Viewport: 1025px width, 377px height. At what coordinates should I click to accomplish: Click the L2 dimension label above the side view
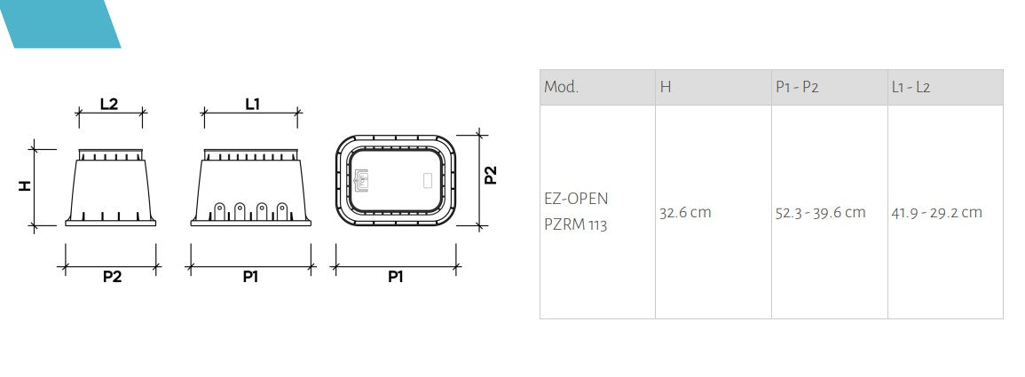tap(109, 104)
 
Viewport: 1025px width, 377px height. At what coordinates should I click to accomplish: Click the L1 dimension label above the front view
tap(252, 104)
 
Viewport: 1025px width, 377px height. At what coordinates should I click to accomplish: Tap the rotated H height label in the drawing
tap(25, 185)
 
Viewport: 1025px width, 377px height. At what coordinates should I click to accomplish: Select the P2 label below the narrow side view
tap(112, 277)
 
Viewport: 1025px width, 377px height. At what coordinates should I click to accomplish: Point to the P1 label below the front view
tap(251, 277)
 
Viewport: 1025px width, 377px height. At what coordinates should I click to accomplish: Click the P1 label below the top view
tap(395, 277)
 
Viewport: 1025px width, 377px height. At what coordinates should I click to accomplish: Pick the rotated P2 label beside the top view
tap(491, 175)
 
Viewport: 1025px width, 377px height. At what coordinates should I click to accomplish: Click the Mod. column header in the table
tap(561, 87)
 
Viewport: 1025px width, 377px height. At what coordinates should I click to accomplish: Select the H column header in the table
tap(665, 87)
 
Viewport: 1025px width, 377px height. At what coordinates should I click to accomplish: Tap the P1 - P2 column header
tap(797, 87)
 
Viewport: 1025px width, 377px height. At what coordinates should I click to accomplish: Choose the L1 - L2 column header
tap(911, 87)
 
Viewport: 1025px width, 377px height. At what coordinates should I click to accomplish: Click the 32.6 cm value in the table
tap(685, 213)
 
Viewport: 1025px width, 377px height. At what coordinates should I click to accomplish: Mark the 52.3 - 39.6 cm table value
tap(820, 213)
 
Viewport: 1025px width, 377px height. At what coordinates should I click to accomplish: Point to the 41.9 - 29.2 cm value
tap(936, 213)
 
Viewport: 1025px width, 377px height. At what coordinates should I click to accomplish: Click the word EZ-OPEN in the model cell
tap(576, 198)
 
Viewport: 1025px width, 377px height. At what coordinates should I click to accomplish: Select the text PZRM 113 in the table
tap(575, 224)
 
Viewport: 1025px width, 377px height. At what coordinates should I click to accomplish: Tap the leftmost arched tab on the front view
tap(218, 211)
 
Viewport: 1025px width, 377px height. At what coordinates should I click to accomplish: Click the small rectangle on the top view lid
tap(426, 180)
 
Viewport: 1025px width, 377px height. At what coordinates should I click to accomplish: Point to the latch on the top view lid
tap(361, 180)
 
